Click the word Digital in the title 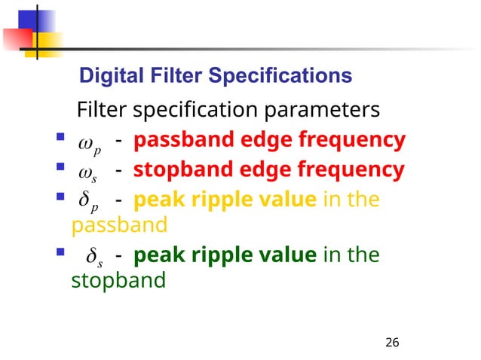point(103,76)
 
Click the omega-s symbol point(90,172)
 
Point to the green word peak point(155,257)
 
